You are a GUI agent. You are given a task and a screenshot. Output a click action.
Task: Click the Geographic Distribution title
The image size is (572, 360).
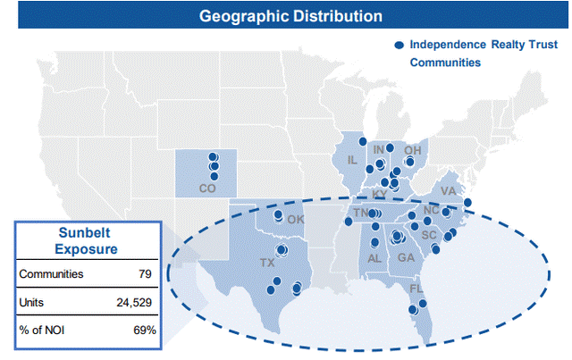tap(290, 16)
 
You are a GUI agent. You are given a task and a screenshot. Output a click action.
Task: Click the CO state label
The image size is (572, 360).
tap(207, 188)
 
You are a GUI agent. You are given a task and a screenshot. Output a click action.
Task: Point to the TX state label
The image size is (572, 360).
tap(267, 263)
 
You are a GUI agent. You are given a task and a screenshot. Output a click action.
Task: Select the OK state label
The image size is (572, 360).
tap(296, 220)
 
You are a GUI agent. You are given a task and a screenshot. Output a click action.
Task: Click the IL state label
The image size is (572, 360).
tap(352, 160)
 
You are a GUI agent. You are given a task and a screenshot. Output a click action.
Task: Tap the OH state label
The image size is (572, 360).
tap(412, 150)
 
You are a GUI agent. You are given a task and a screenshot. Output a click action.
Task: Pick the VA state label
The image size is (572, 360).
tap(449, 191)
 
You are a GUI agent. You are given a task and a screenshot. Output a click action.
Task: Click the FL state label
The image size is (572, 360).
tap(416, 289)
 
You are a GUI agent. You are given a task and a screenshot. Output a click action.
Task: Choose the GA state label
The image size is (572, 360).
tap(406, 258)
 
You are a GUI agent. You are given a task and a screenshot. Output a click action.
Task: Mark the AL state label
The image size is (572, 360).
tap(374, 258)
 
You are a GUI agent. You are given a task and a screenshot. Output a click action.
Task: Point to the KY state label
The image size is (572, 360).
tap(380, 194)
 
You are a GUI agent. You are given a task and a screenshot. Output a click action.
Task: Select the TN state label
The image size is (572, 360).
tap(360, 213)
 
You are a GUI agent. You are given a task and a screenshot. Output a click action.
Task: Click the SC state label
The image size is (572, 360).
tap(429, 235)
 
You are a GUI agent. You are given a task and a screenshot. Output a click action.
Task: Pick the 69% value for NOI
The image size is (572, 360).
tap(145, 331)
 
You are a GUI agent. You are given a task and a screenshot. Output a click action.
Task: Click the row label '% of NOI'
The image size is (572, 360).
tap(41, 331)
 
